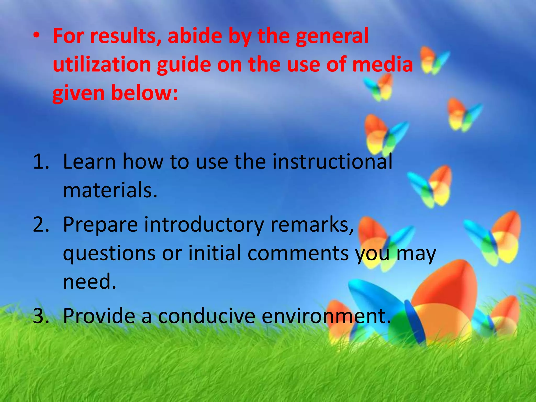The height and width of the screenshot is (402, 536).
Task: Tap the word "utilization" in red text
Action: tap(102, 65)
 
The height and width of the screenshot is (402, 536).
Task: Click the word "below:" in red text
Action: tap(144, 93)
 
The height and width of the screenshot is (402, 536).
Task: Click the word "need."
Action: tap(90, 282)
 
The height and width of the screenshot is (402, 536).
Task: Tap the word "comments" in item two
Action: tap(298, 253)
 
